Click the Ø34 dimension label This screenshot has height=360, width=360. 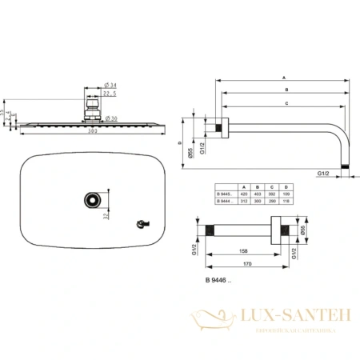[110, 84]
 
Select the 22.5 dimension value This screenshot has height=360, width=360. [110, 93]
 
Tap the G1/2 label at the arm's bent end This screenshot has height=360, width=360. [324, 173]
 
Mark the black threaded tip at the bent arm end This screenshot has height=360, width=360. [346, 166]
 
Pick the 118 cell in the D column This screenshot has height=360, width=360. [285, 201]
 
